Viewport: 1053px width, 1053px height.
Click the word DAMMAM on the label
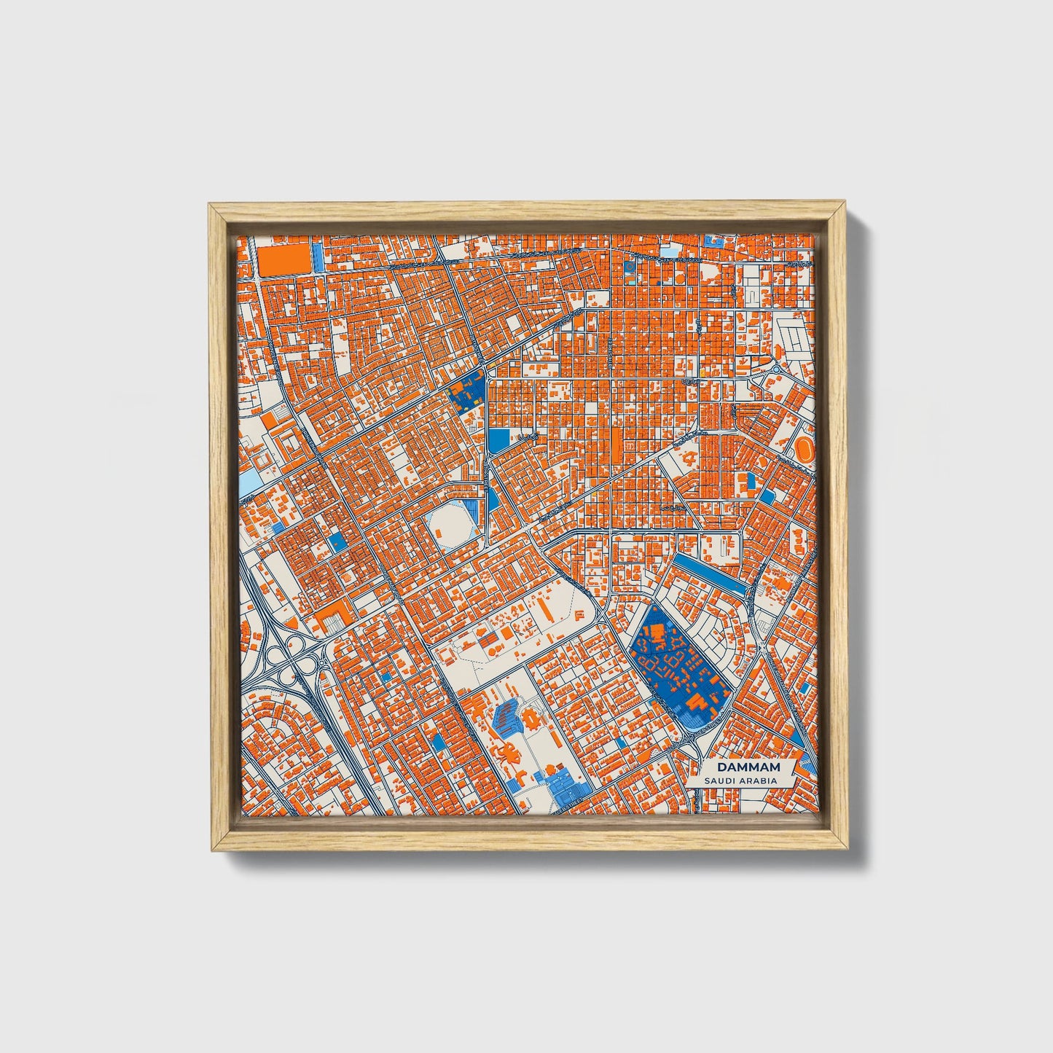click(748, 767)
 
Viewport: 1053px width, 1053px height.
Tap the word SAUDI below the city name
click(720, 780)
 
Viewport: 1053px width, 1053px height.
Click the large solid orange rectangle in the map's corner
click(283, 260)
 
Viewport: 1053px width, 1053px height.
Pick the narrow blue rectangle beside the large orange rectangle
click(318, 257)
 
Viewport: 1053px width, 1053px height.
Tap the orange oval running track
click(805, 448)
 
